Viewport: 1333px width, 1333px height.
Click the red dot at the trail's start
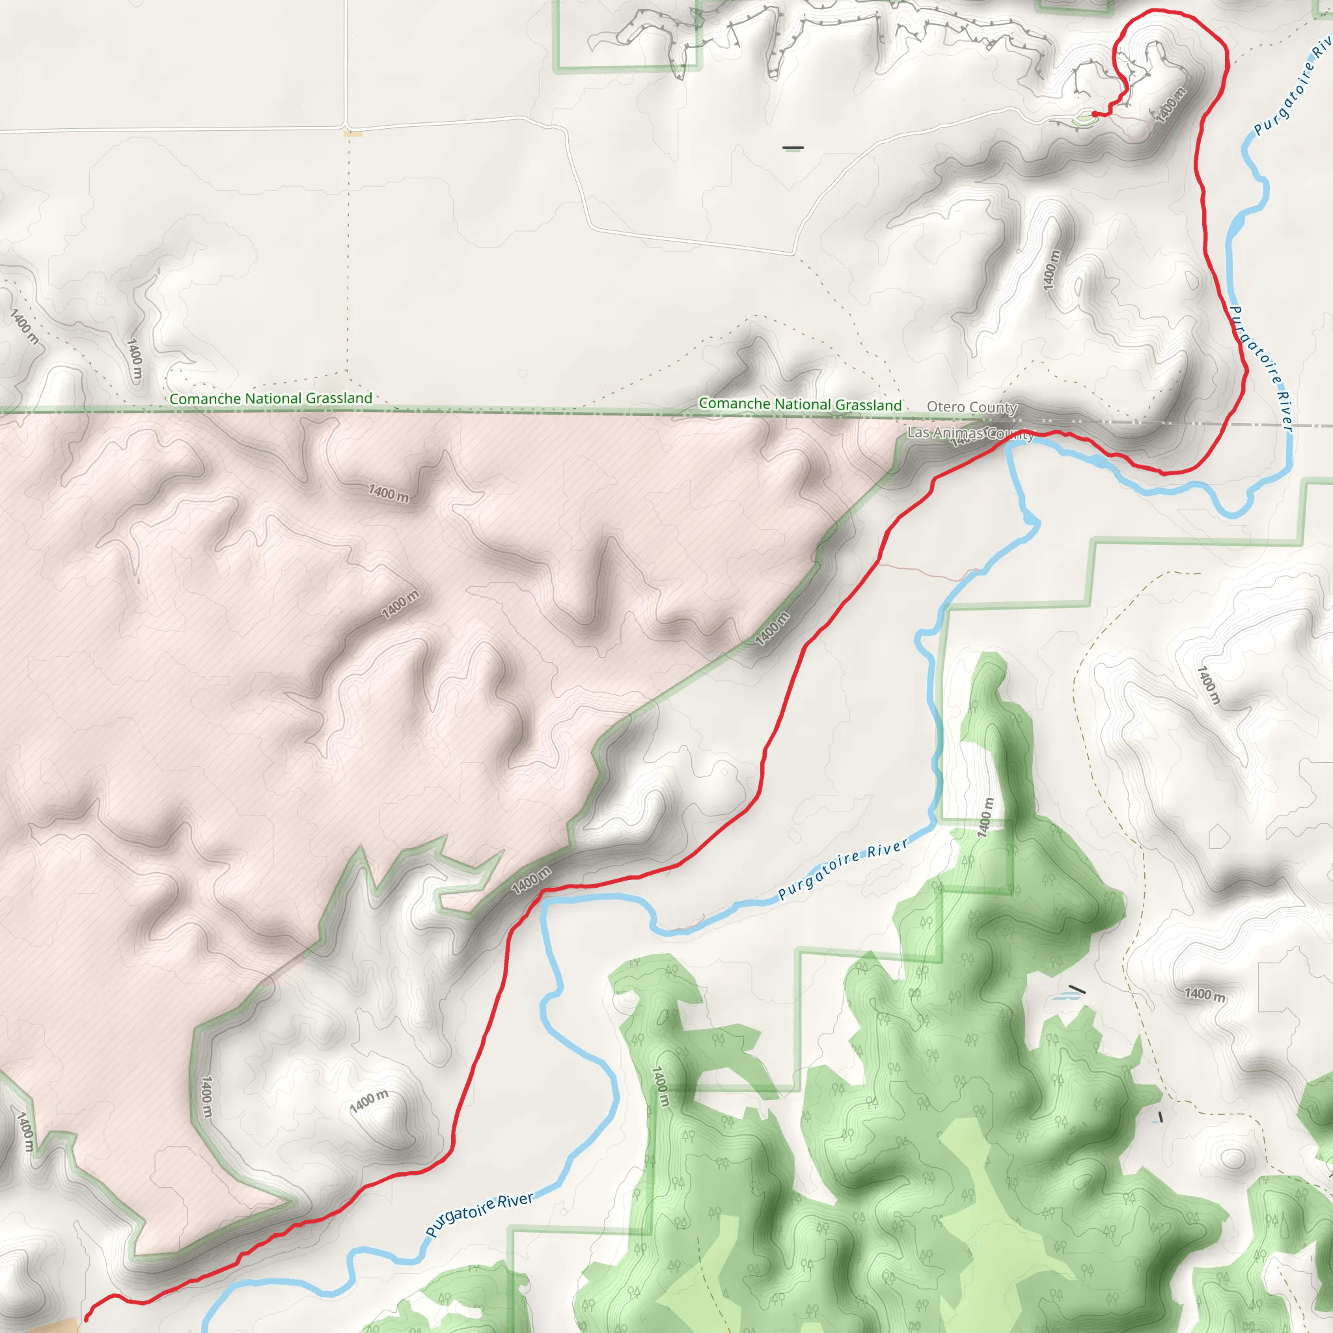1095,114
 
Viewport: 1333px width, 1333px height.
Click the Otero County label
972,407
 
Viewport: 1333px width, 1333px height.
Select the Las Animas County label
969,433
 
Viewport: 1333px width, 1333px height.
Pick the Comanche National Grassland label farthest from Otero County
271,398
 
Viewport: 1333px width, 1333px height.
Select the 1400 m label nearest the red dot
1170,105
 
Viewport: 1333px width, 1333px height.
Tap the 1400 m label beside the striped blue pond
1205,995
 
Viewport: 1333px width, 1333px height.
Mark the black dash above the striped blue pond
1077,989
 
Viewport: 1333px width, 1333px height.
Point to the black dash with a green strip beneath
793,148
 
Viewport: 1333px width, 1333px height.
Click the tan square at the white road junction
353,133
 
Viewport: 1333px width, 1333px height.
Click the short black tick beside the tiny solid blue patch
1161,1117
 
